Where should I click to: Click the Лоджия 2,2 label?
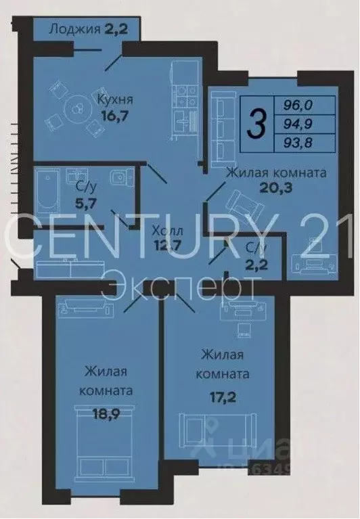tap(87, 29)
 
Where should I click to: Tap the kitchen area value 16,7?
tap(115, 116)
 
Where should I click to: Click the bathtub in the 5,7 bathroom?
tap(47, 189)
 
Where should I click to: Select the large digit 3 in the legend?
tap(256, 124)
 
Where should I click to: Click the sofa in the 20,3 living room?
tap(220, 128)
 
